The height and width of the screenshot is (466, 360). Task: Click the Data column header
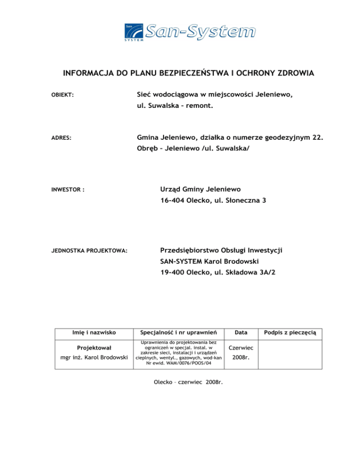tap(241, 332)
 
